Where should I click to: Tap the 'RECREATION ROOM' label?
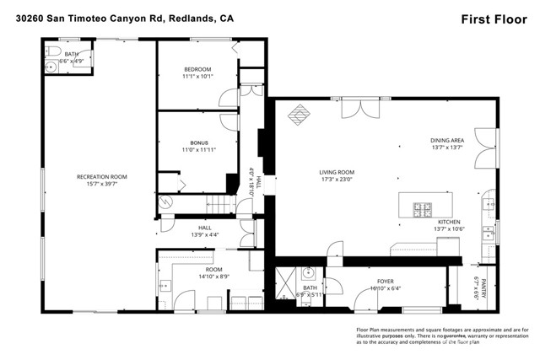coord(101,177)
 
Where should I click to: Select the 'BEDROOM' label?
coord(197,69)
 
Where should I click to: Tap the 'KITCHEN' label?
coord(449,222)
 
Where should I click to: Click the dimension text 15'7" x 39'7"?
coord(101,185)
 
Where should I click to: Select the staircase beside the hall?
coord(217,203)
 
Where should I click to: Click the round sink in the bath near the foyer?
coord(310,273)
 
